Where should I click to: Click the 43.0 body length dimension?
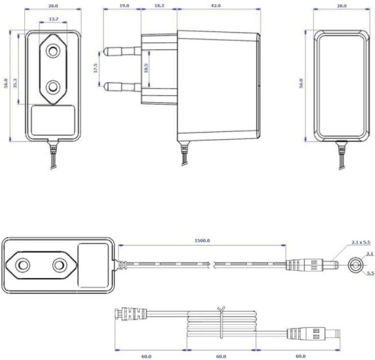tap(214, 6)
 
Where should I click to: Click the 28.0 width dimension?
tap(340, 6)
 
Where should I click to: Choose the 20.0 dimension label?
tap(52, 6)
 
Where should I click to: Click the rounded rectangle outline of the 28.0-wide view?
tap(340, 82)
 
